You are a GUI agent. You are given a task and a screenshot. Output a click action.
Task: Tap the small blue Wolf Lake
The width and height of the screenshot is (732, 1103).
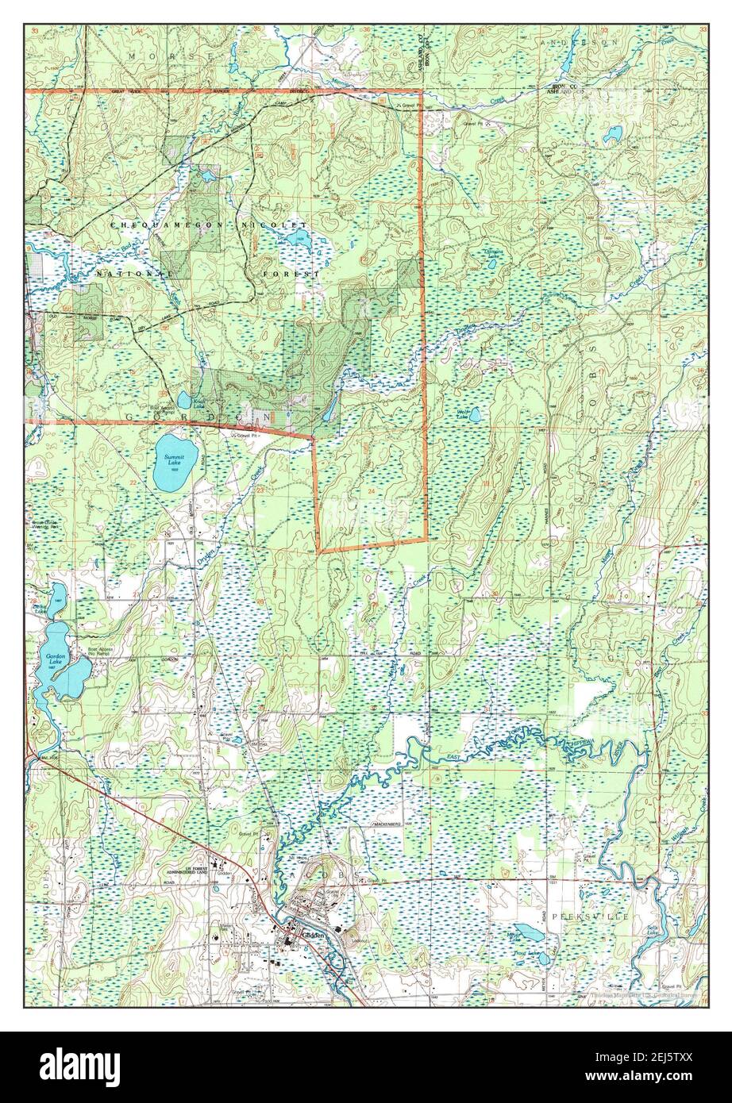pyautogui.click(x=474, y=414)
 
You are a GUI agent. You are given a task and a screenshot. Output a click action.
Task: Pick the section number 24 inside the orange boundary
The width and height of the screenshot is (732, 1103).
pyautogui.click(x=370, y=492)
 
